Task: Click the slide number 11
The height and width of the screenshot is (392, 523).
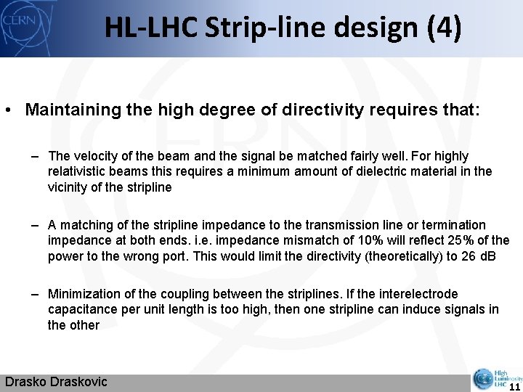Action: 514,385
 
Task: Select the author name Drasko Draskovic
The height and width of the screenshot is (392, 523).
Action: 56,382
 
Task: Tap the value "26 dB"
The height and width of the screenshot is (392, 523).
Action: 479,256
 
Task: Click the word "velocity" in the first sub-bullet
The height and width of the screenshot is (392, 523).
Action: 92,156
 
